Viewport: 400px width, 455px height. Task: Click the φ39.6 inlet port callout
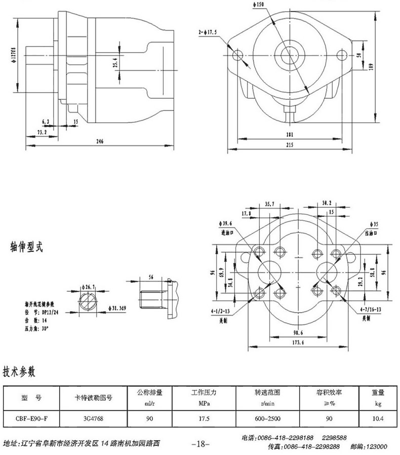click(226, 223)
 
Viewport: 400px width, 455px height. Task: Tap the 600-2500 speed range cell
click(268, 419)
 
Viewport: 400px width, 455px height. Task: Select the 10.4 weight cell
click(378, 419)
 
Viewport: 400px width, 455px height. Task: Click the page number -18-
click(201, 444)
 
